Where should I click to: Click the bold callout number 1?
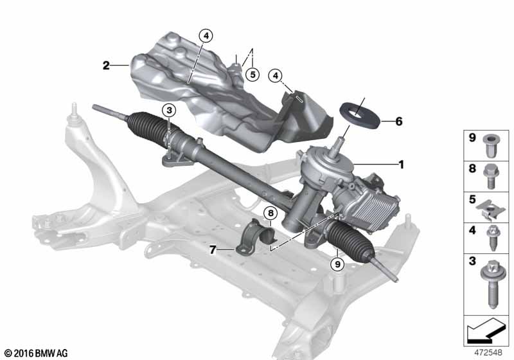tap(401, 165)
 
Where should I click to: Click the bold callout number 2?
tap(106, 65)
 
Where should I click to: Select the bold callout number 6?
tap(398, 122)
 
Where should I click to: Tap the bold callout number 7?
tap(213, 250)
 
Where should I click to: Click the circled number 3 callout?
tap(169, 110)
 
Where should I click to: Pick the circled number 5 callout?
tap(253, 75)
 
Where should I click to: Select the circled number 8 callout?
tap(270, 213)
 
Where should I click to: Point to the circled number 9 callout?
tap(337, 264)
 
